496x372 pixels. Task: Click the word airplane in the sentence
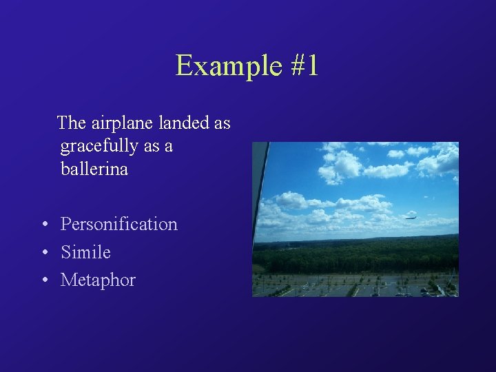(x=121, y=123)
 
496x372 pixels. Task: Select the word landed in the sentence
(x=185, y=123)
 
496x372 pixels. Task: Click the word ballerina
(x=94, y=169)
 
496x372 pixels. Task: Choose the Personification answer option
(x=118, y=225)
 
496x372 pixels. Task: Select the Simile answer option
(x=85, y=252)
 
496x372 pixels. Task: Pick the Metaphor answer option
(x=98, y=280)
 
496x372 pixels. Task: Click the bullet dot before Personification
(x=43, y=225)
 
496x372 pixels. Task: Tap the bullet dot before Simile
(x=43, y=253)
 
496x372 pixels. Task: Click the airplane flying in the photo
(x=411, y=218)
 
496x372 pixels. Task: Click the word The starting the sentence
(x=71, y=123)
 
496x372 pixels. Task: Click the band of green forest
(x=358, y=255)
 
